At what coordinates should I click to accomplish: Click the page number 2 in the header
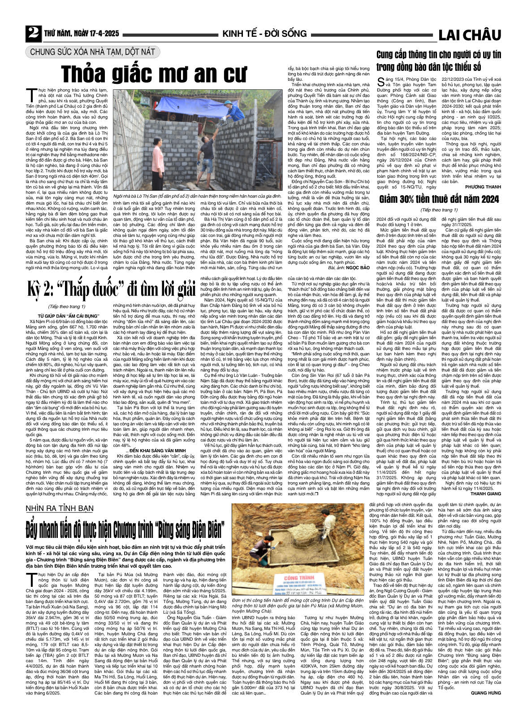pos(32,34)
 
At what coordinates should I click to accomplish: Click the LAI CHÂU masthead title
pos(469,35)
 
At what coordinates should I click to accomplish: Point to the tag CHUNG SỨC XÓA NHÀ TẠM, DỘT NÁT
pos(93,52)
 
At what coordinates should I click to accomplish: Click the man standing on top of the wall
pos(236,108)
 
